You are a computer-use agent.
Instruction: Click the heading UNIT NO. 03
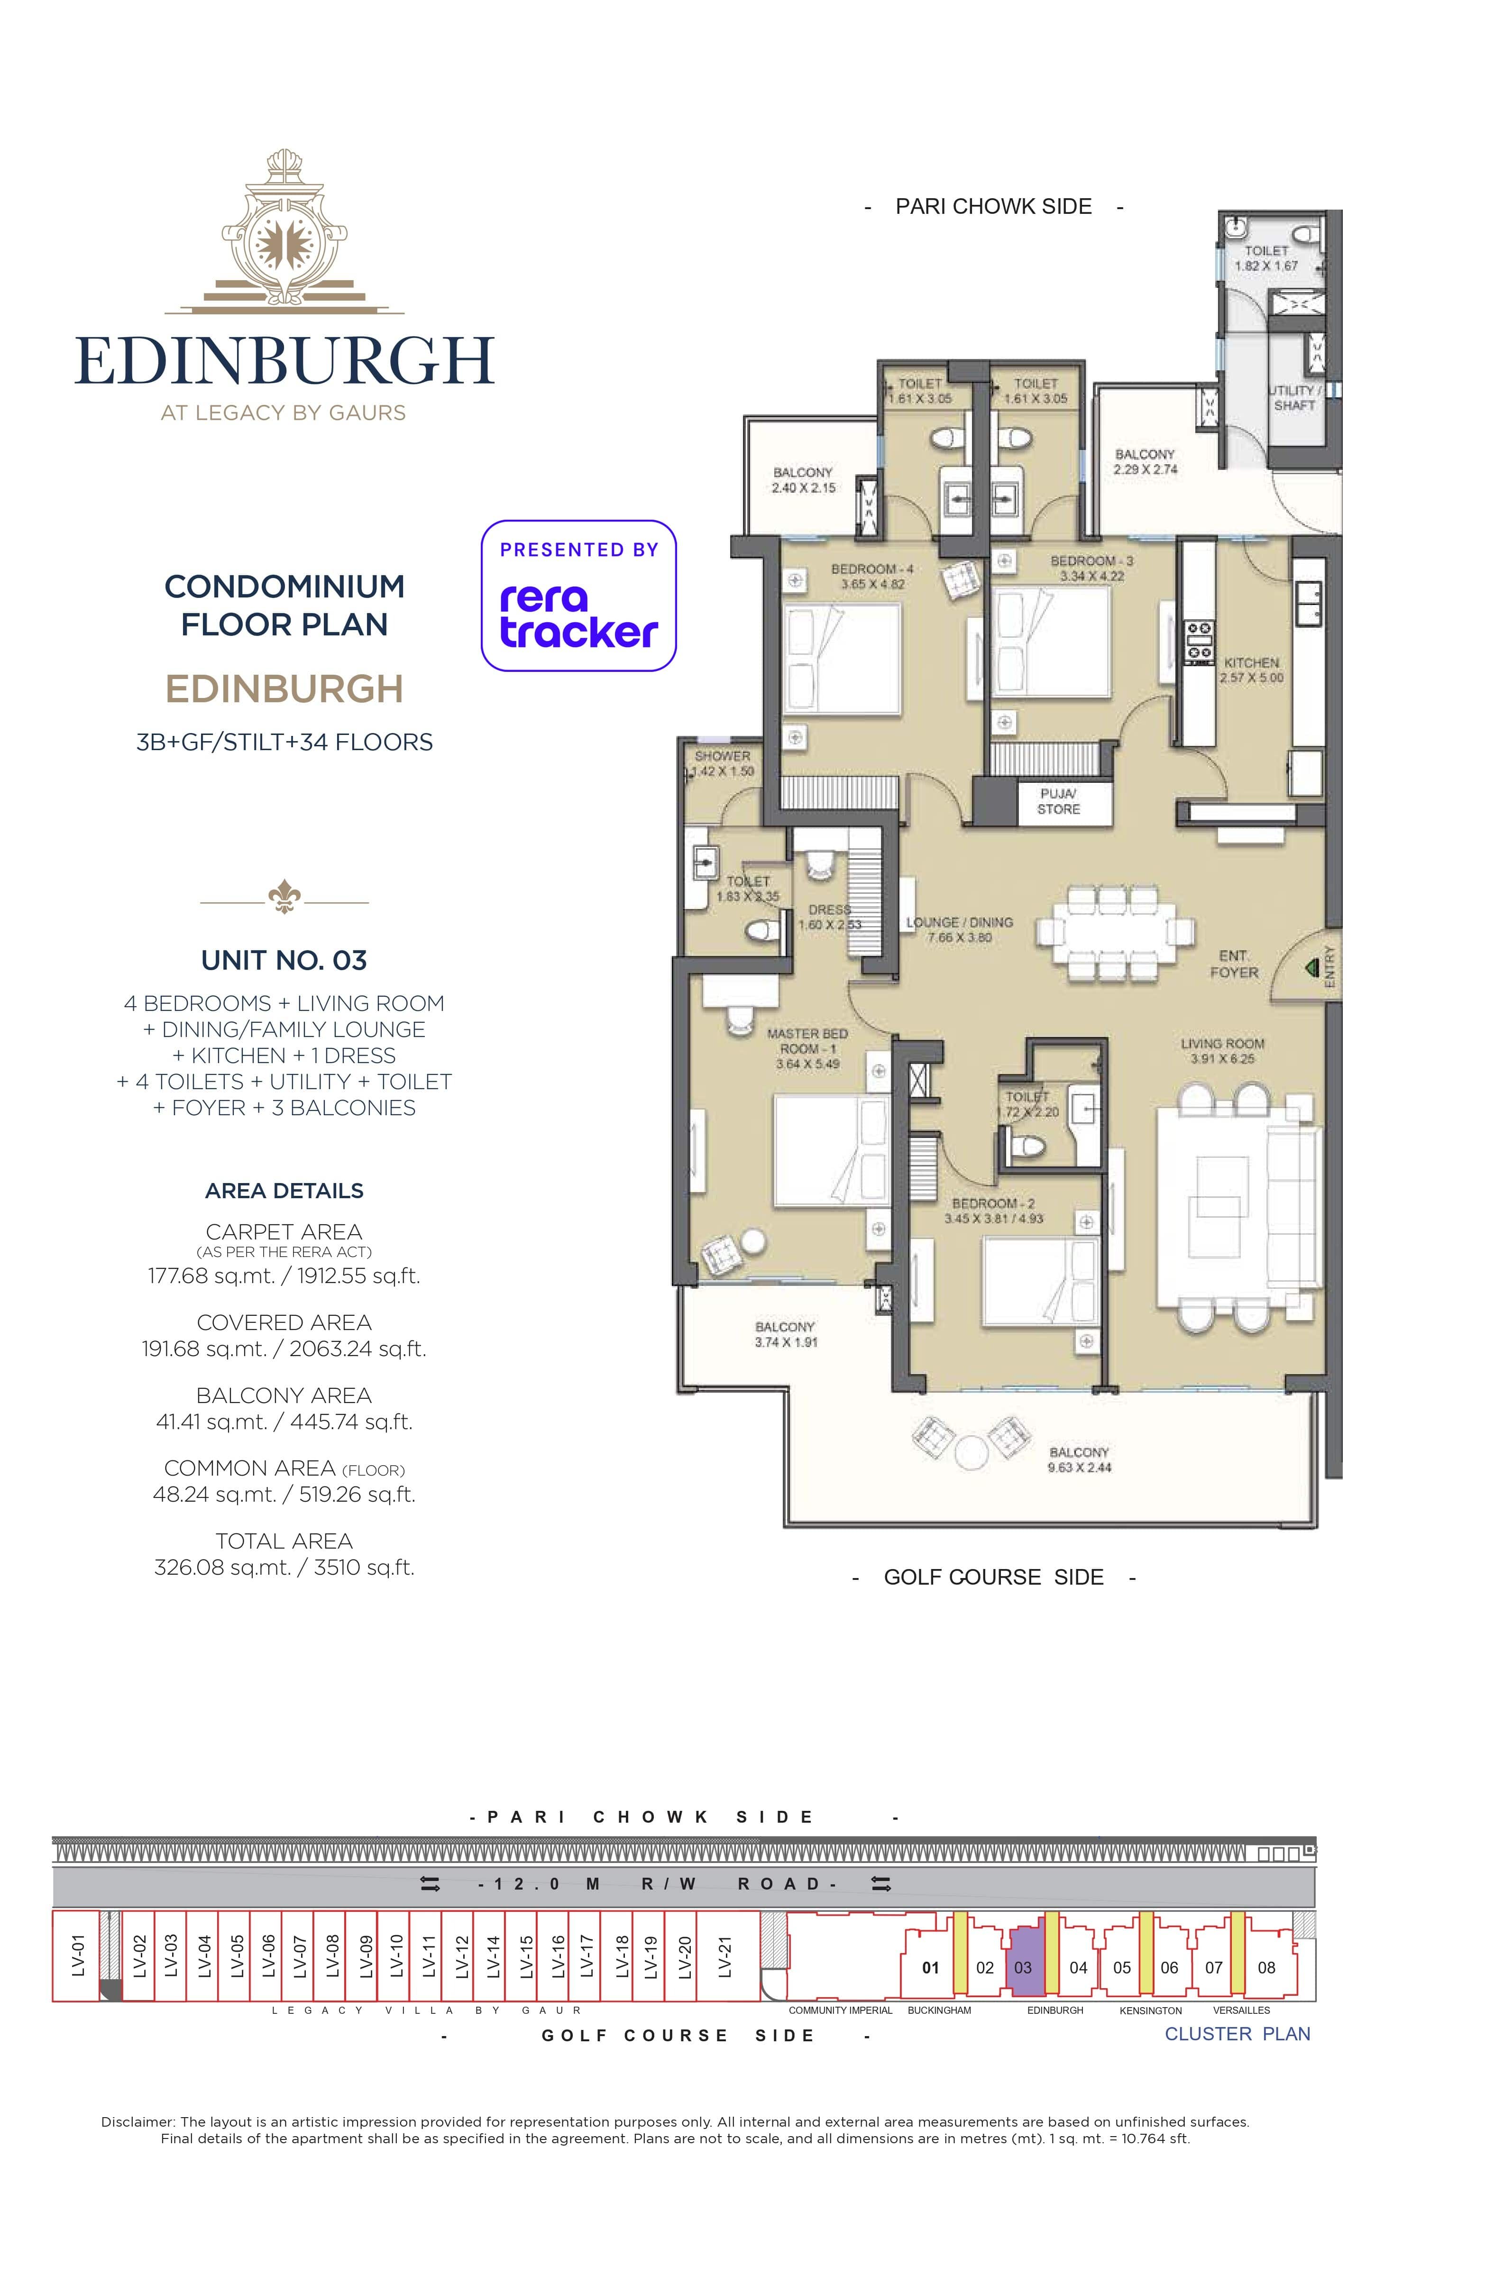(x=284, y=960)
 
